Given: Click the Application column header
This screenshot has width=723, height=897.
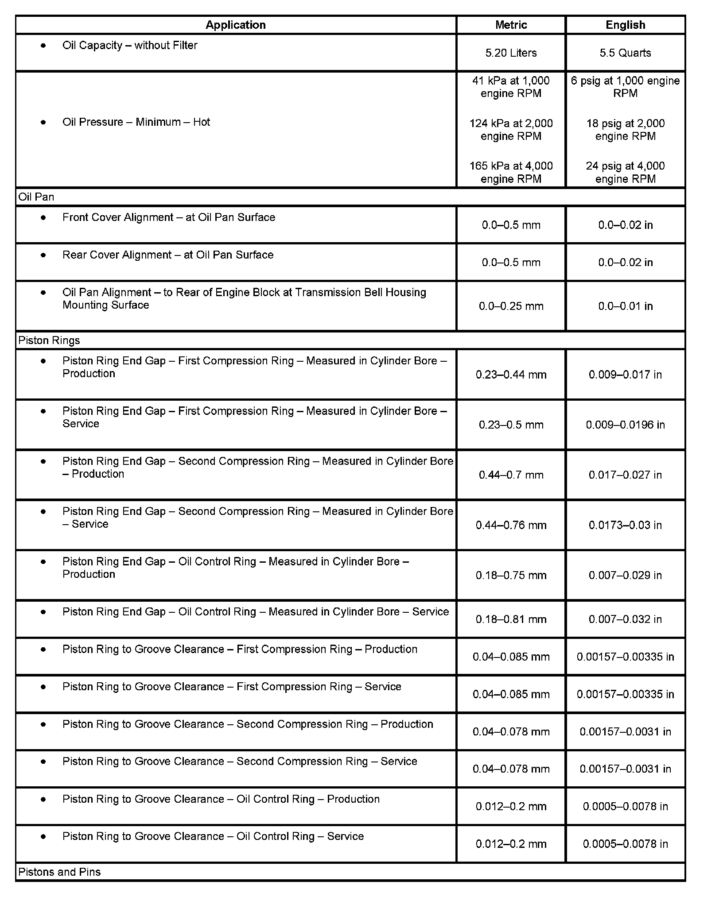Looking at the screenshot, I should point(235,25).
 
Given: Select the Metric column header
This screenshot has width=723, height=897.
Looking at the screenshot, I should point(511,25).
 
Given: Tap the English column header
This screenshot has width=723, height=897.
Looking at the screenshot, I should point(625,25).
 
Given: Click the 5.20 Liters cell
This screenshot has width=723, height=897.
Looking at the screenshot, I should point(511,53).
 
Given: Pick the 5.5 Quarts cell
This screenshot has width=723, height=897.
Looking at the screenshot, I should point(625,53).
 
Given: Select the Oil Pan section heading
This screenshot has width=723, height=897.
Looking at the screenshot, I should point(36,197).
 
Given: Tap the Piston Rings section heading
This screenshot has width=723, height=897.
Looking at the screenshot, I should point(49,340).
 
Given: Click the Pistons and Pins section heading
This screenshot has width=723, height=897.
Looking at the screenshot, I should point(59,872).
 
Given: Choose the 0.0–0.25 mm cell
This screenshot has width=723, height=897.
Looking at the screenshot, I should point(511,306).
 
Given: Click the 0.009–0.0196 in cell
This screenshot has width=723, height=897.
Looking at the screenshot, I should point(625,425).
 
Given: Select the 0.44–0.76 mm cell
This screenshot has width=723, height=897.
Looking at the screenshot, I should point(511,525).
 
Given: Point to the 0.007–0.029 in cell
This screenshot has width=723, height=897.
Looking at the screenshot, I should point(625,575).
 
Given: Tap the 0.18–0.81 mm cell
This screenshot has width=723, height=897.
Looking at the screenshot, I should point(511,619).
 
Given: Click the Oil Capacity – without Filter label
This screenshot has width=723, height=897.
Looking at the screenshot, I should point(130,45).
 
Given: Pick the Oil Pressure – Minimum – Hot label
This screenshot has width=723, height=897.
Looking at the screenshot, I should point(136,122).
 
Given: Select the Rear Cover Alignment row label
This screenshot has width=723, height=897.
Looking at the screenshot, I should point(168,255).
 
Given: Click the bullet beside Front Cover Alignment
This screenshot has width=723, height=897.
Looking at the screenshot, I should point(43,217).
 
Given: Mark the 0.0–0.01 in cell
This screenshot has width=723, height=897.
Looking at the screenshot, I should point(625,306).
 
